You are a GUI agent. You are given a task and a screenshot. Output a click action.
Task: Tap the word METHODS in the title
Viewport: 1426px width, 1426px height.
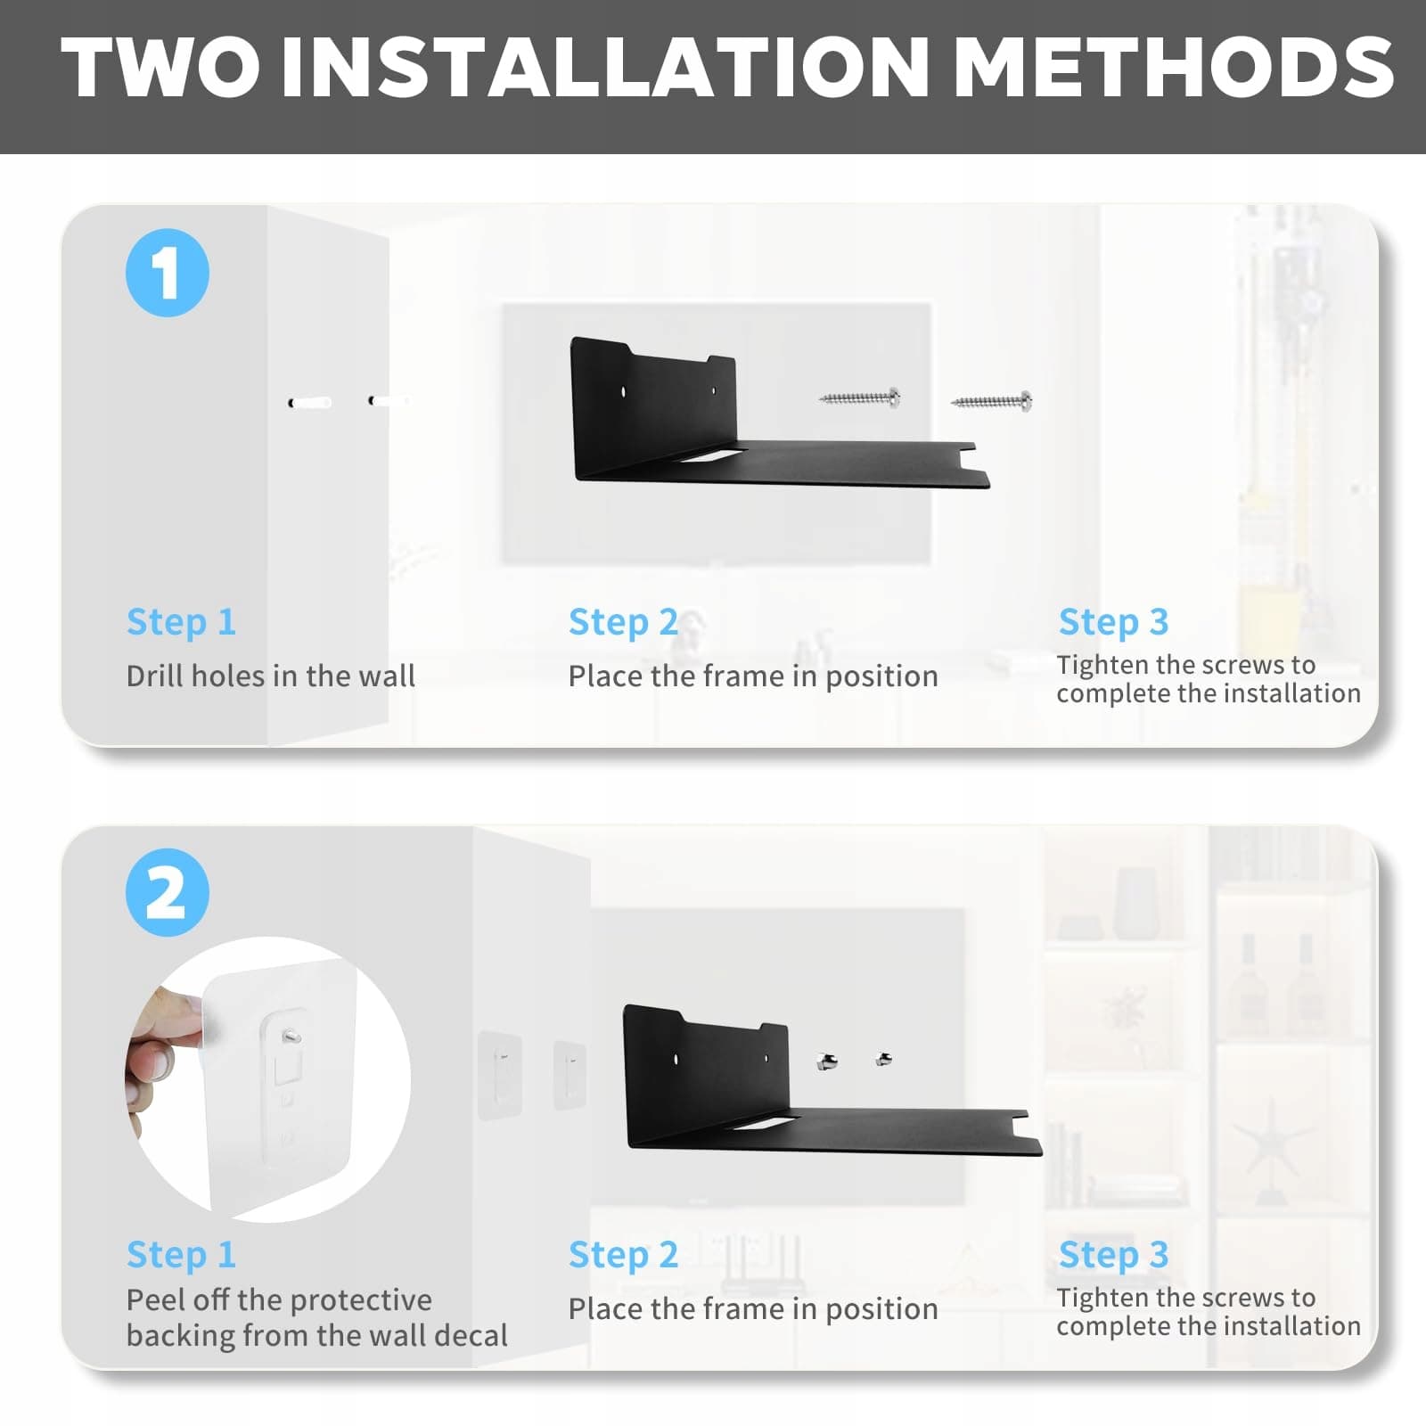tap(1175, 68)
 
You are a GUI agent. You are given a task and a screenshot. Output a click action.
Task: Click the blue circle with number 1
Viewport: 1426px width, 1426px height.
tap(168, 273)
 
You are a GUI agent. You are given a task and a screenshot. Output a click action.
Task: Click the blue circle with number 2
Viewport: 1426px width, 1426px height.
tap(168, 892)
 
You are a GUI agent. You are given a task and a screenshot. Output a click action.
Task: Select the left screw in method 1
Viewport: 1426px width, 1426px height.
tap(860, 397)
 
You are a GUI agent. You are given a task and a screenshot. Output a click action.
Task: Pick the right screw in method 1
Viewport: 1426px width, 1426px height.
tap(992, 402)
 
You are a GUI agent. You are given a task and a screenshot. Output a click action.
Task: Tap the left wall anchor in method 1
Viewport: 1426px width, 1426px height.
tap(310, 403)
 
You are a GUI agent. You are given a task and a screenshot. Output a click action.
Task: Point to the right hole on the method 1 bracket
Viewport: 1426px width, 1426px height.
tap(712, 389)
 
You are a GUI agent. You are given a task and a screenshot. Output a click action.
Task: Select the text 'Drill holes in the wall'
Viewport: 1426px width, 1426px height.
tap(271, 676)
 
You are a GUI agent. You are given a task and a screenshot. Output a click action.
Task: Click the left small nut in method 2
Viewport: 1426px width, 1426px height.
tap(827, 1061)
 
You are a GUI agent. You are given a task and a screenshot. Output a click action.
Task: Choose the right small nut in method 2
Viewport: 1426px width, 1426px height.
tap(884, 1059)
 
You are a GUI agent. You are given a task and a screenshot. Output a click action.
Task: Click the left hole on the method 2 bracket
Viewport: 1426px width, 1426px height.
tap(676, 1060)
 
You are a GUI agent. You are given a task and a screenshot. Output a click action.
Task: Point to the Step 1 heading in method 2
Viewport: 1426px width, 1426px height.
tap(181, 1255)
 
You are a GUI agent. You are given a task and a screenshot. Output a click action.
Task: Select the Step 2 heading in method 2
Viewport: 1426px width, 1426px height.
tap(623, 1255)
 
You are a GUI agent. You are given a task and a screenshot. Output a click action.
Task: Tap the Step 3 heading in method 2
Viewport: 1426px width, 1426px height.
tap(1113, 1255)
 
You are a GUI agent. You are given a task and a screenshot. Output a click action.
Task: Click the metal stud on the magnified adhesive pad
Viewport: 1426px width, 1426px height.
tap(290, 1037)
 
